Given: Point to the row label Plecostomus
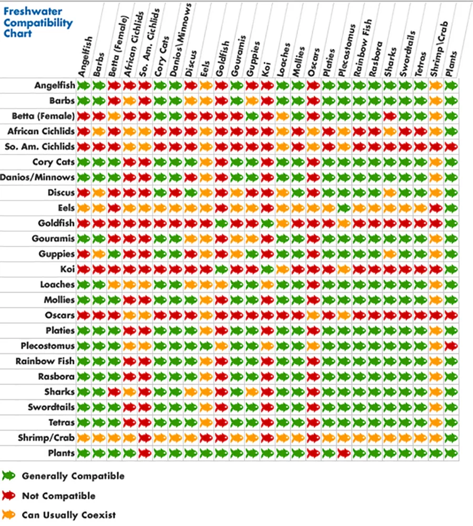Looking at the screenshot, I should [47, 346].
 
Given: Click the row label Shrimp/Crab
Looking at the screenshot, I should [49, 438].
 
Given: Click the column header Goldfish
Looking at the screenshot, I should [223, 58].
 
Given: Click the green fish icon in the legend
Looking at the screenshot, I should [8, 476].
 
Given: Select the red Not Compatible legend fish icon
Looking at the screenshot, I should [8, 495].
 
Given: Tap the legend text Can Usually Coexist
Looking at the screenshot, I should [69, 515].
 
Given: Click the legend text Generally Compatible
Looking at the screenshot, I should [73, 476].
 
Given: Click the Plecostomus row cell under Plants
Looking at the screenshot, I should [450, 346].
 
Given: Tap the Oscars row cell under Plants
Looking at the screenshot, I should [450, 315].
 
